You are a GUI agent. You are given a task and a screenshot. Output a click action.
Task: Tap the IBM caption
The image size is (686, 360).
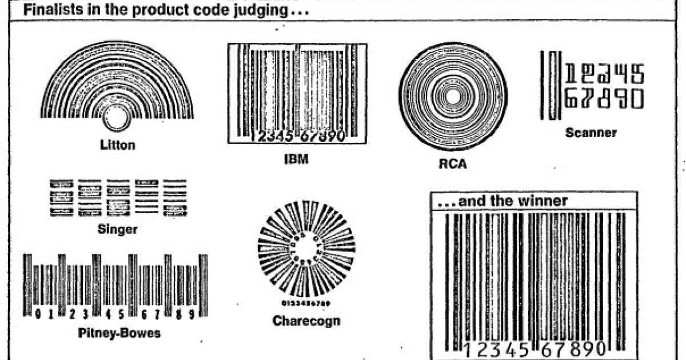tap(296, 159)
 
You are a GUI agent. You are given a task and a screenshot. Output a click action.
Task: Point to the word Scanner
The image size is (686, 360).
tap(591, 133)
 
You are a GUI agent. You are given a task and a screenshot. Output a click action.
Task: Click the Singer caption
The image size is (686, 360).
tap(118, 230)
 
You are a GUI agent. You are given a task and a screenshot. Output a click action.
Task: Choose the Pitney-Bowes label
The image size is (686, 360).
tap(119, 333)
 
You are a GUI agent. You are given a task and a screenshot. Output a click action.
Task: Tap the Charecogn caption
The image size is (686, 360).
tap(306, 321)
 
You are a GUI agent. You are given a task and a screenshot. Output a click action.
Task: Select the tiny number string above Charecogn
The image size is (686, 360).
tap(306, 302)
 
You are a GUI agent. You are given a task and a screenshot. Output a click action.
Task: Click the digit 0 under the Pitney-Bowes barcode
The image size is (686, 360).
tap(37, 314)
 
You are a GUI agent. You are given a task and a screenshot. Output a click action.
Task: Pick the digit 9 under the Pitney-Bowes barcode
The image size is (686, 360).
tap(193, 314)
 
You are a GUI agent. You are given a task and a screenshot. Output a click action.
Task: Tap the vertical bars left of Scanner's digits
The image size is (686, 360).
tap(552, 85)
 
